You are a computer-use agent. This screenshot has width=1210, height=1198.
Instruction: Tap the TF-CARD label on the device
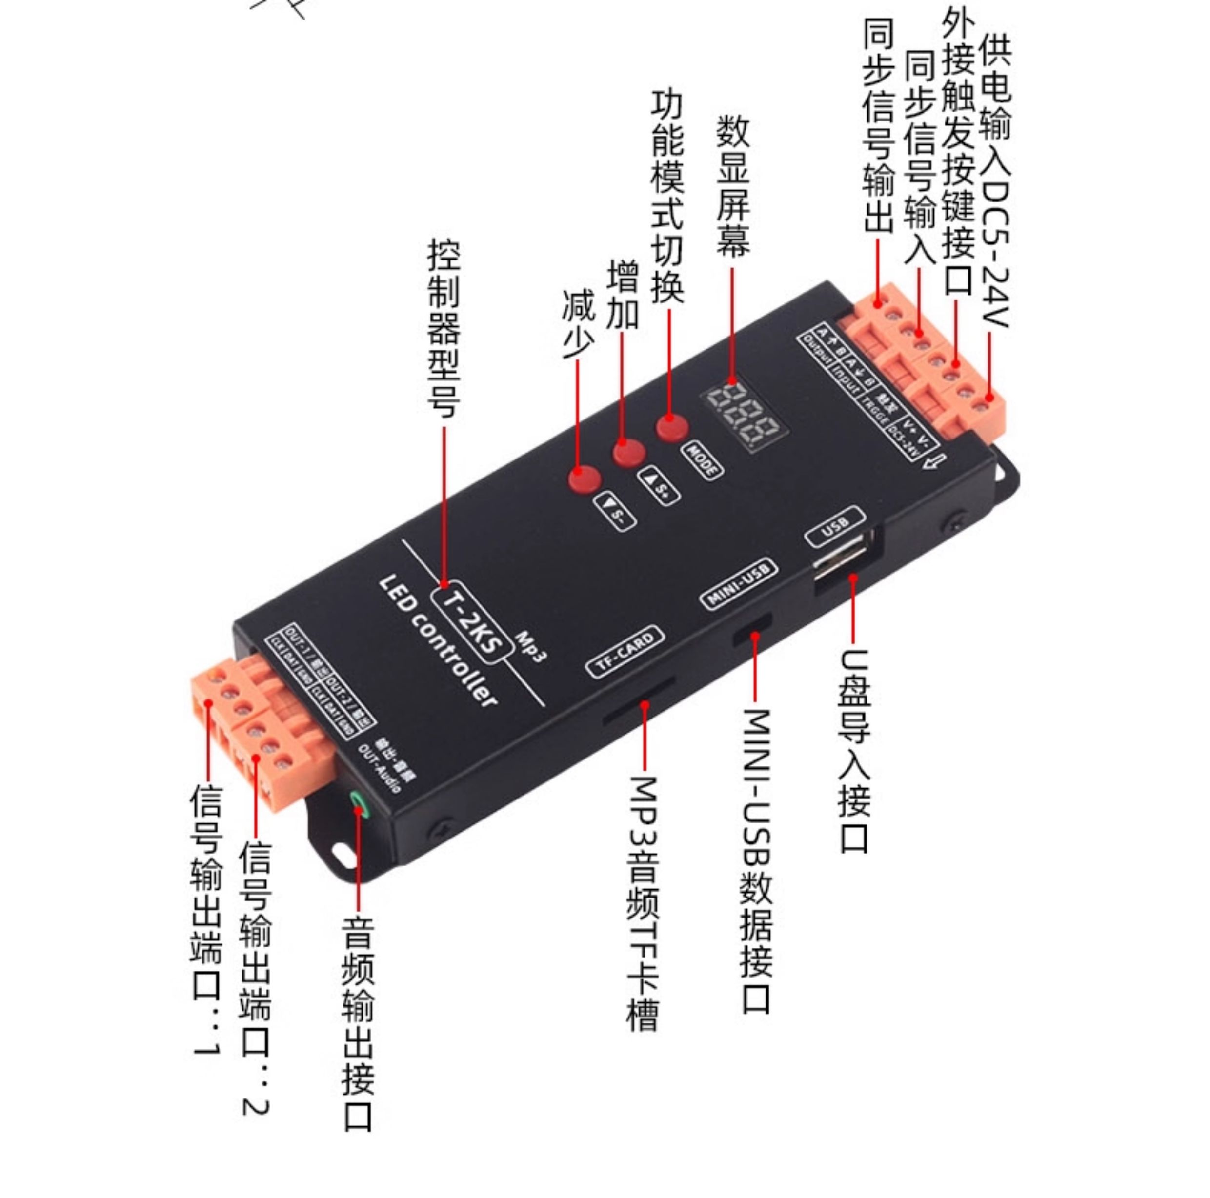(624, 651)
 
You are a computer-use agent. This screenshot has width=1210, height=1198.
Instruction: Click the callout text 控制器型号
(444, 328)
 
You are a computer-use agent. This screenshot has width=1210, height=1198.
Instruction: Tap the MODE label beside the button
(702, 460)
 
